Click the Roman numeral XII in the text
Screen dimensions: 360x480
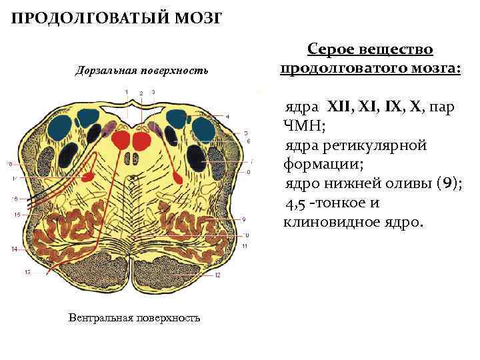[339, 107]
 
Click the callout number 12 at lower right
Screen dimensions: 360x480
[218, 275]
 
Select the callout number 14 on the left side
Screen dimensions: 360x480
[14, 249]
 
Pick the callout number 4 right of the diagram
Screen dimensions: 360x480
[228, 116]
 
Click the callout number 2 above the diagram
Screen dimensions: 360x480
[141, 92]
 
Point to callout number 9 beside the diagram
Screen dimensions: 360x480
[245, 219]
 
